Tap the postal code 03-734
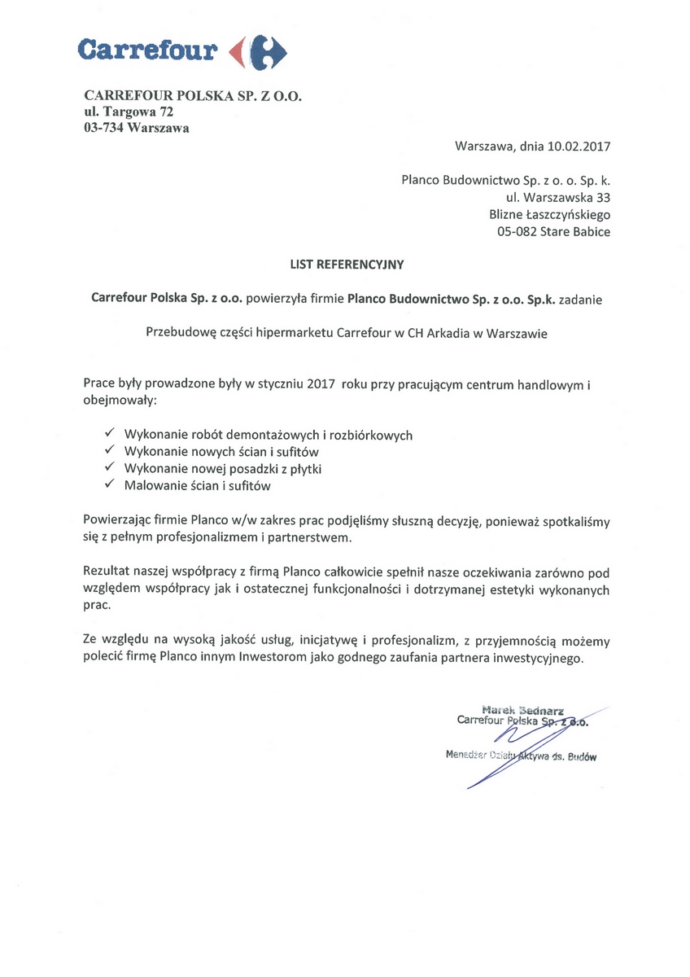pos(103,128)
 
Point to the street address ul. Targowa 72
pos(129,112)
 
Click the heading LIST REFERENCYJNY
pos(347,264)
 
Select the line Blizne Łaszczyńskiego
pos(550,214)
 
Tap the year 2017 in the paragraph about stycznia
pos(322,384)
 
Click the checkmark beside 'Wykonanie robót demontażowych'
pos(110,434)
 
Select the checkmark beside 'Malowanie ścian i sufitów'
pos(110,485)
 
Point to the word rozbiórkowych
pos(369,436)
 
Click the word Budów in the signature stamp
pos(583,756)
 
